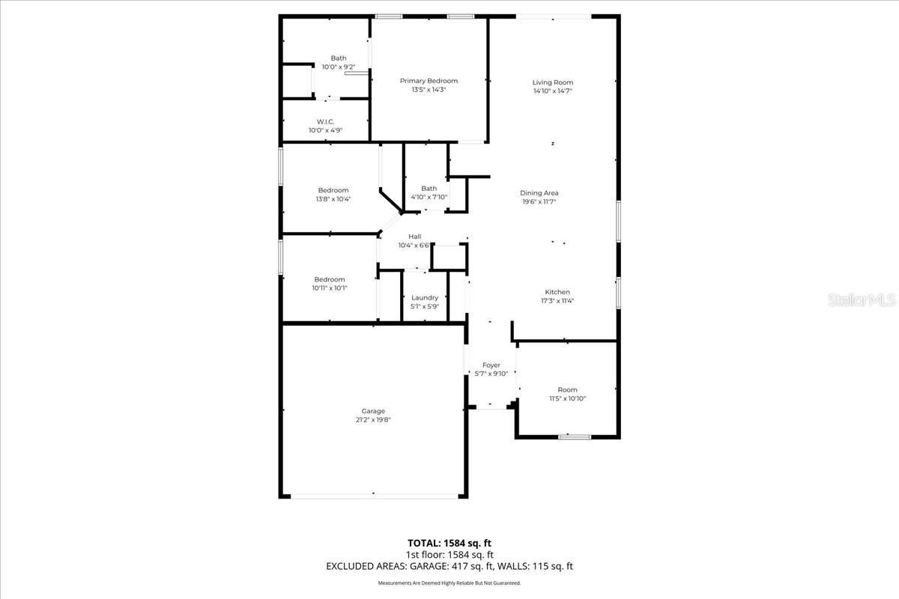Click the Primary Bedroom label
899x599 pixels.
429,81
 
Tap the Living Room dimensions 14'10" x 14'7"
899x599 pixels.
553,91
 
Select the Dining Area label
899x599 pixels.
539,193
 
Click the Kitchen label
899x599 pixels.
557,292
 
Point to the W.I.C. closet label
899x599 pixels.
325,121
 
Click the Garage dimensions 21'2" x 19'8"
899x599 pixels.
373,420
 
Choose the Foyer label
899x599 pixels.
491,365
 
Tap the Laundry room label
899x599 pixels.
425,298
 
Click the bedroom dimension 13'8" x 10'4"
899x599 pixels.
333,199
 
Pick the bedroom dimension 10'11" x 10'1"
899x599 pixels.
330,288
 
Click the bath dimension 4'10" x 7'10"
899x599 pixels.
429,198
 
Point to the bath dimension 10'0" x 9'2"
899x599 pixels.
339,67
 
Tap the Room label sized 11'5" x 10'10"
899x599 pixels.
567,390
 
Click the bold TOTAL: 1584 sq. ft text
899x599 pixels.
449,543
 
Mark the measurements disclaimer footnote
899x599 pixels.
449,583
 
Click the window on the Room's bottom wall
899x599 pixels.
574,437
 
